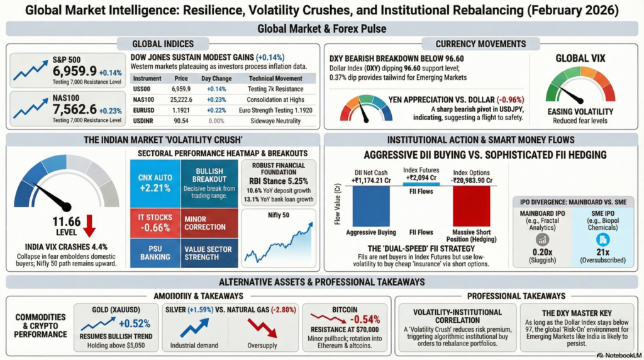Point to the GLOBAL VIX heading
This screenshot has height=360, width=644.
point(580,59)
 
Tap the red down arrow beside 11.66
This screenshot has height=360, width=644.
point(89,225)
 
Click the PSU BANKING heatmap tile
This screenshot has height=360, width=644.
point(153,253)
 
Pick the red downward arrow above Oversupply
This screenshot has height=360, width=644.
point(258,327)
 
